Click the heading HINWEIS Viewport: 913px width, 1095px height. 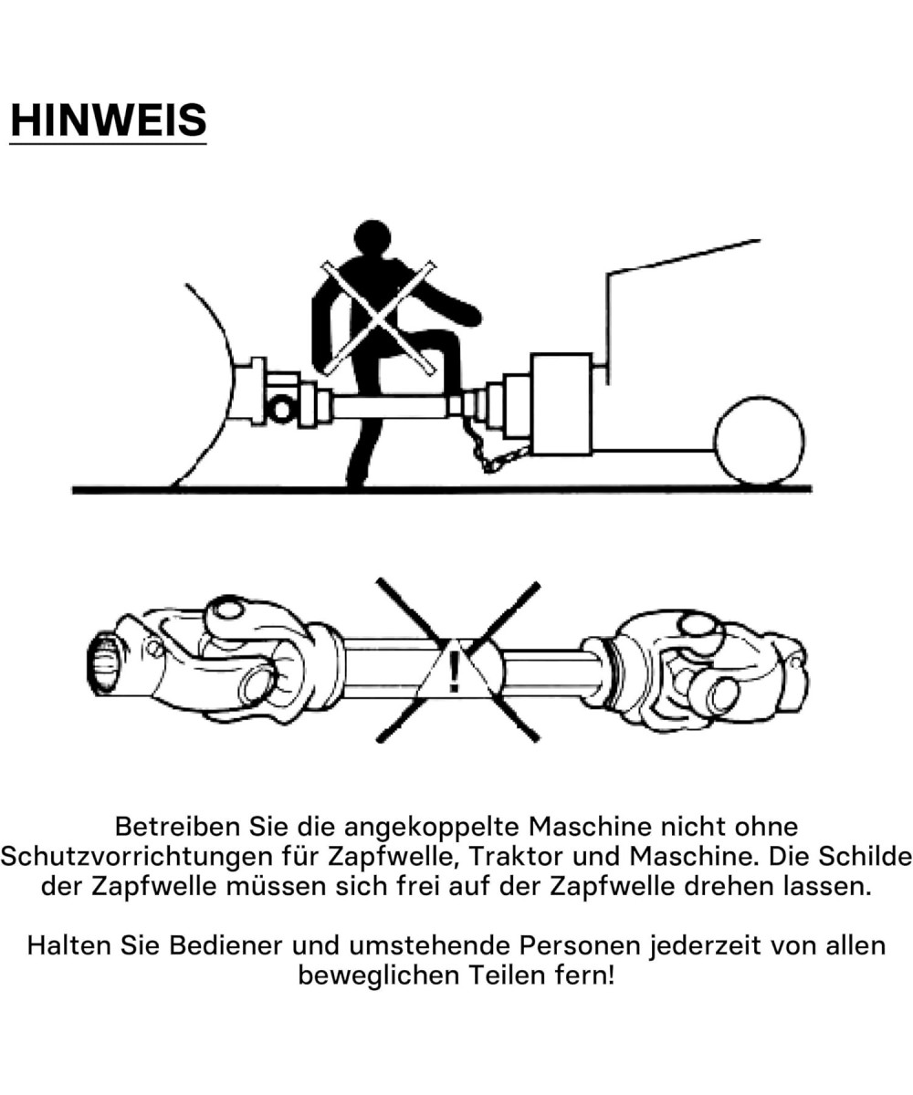point(108,120)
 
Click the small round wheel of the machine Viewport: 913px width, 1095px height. point(760,440)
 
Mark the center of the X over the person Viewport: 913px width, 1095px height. point(379,318)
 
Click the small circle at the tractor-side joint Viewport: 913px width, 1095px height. point(282,410)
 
